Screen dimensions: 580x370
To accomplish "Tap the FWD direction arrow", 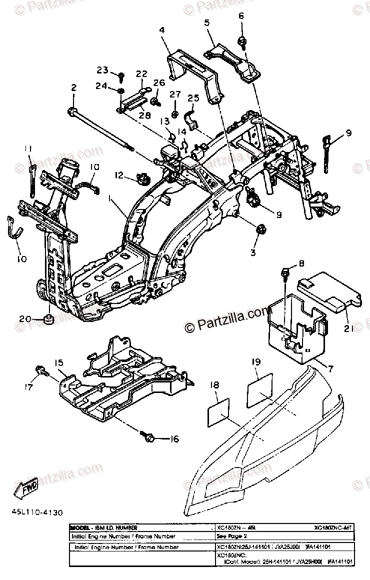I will point(25,489).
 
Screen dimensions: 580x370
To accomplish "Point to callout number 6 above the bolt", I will point(241,15).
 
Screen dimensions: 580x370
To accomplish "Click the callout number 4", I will point(162,29).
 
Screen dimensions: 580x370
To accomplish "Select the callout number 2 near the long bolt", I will point(73,87).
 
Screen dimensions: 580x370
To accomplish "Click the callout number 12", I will point(118,175).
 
